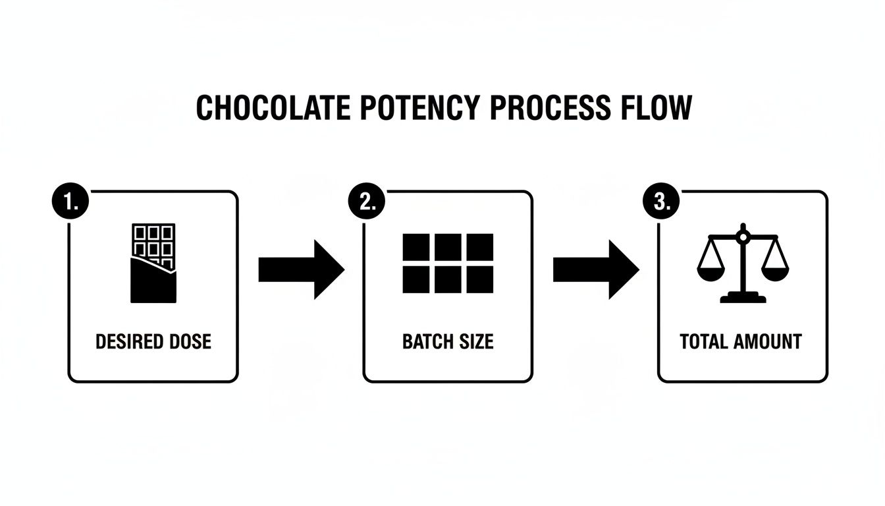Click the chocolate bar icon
[153, 263]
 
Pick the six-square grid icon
[448, 264]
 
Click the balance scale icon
[743, 264]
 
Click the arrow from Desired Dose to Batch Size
[301, 269]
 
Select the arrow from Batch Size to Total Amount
[595, 269]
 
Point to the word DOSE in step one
[189, 342]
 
